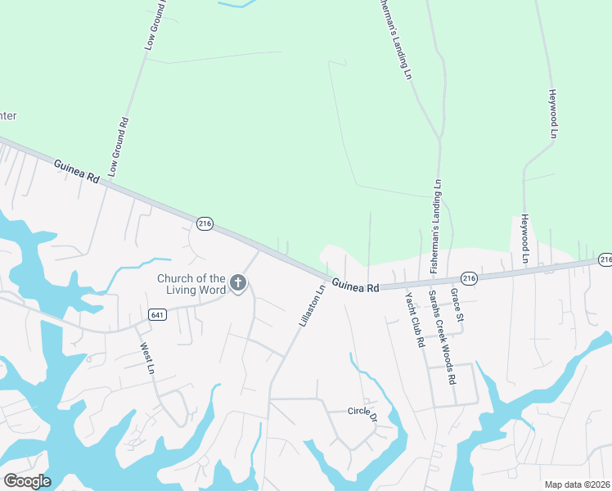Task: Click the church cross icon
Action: click(238, 283)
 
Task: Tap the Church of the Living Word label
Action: click(191, 283)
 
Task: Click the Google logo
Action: click(27, 481)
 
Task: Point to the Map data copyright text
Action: click(578, 484)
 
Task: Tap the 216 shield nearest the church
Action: click(205, 223)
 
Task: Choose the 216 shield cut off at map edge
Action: click(605, 259)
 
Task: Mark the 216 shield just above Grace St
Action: click(467, 277)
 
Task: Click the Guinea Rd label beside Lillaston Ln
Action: click(357, 286)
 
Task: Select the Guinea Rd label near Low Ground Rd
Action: click(76, 172)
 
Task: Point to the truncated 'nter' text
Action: click(7, 115)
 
